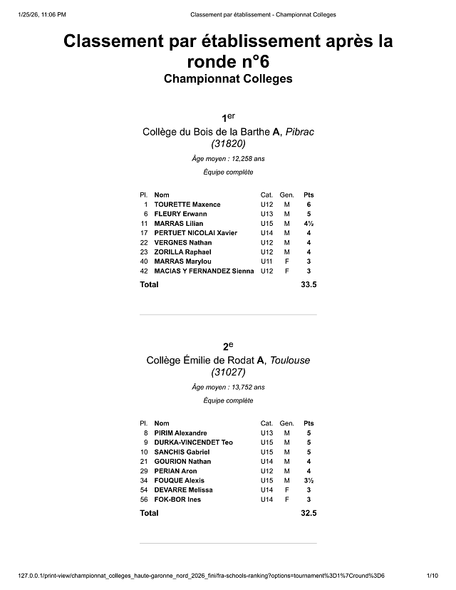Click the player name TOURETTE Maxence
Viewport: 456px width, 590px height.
(187, 205)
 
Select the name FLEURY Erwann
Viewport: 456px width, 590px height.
(180, 214)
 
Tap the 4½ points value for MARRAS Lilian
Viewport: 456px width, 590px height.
(309, 224)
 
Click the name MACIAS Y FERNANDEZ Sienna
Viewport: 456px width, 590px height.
(204, 271)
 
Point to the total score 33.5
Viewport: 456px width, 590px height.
(309, 284)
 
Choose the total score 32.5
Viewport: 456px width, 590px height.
(309, 513)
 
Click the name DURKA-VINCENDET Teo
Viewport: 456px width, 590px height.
(193, 442)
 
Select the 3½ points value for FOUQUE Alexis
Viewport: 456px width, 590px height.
(309, 480)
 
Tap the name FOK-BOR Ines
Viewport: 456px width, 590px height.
(177, 500)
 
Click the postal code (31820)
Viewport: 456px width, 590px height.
(228, 144)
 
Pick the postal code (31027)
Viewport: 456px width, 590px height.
(228, 373)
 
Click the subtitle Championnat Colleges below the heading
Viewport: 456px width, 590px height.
(228, 78)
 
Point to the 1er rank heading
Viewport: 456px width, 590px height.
(228, 117)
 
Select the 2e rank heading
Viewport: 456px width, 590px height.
(228, 346)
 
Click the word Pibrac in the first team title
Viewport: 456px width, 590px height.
(300, 132)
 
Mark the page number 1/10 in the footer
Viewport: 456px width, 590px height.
(431, 575)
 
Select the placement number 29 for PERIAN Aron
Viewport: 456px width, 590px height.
(145, 471)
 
